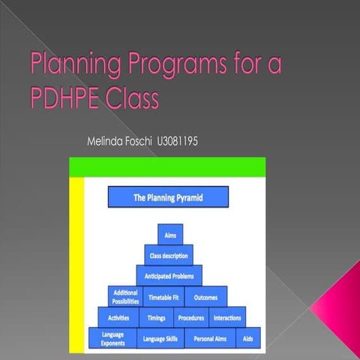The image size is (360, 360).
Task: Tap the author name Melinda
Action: tap(106, 141)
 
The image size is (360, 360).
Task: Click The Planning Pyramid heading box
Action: tap(168, 197)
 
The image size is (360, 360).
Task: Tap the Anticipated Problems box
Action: tap(169, 275)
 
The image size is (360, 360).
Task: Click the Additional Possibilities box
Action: tap(125, 296)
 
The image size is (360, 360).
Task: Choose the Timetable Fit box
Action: tap(163, 297)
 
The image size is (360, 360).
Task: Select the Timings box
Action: tap(157, 317)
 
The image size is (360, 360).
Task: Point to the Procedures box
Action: tap(192, 317)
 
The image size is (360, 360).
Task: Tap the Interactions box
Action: tap(227, 317)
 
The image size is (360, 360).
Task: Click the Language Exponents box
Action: tap(113, 338)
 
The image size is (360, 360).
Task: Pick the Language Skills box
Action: tap(161, 339)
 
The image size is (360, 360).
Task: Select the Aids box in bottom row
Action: tap(247, 339)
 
